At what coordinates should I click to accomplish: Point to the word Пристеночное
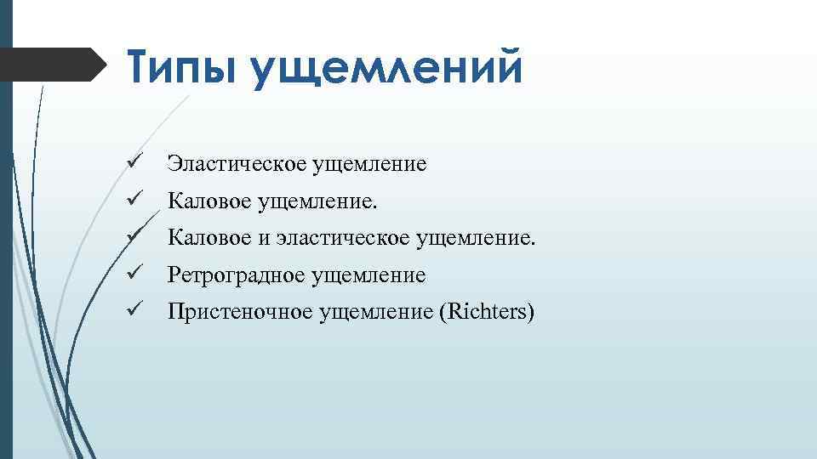[x=240, y=313]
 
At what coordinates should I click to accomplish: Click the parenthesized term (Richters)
[x=486, y=313]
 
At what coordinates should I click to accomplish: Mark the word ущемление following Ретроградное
[x=370, y=275]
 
